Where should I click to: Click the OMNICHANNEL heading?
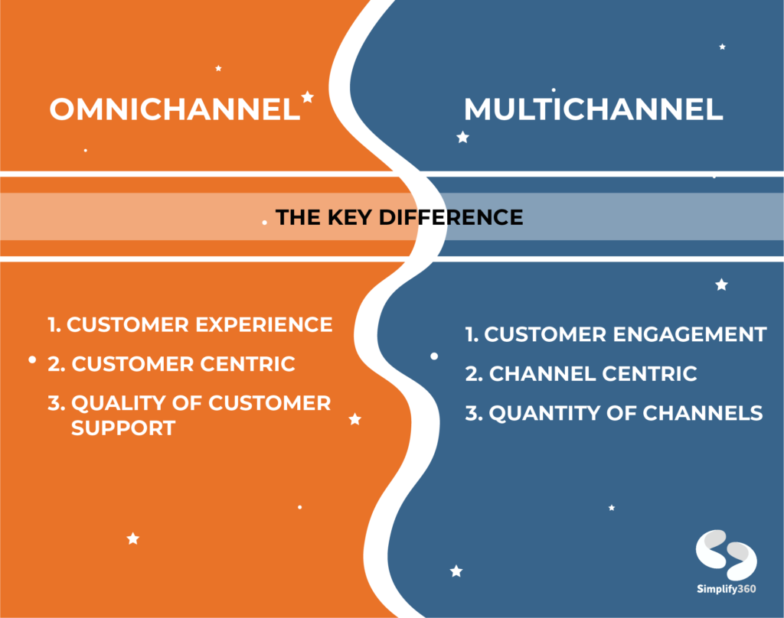[175, 109]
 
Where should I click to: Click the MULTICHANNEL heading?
[593, 109]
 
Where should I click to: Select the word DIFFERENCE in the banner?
[451, 217]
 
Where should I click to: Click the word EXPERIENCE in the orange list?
[264, 325]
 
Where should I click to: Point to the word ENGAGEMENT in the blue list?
[690, 334]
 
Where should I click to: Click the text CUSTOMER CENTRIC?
[183, 364]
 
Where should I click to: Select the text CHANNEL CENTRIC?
[593, 374]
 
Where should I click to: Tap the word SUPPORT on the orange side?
[123, 428]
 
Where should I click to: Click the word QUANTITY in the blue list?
[545, 413]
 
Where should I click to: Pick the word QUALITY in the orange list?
[136, 404]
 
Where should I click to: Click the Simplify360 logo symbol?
[726, 555]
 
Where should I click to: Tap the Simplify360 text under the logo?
[726, 589]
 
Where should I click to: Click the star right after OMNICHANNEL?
[308, 96]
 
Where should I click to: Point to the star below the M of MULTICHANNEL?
[463, 137]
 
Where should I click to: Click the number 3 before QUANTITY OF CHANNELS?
[471, 413]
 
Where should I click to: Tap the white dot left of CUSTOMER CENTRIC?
[32, 359]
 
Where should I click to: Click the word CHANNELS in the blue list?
[703, 413]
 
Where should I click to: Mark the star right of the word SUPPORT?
[355, 419]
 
